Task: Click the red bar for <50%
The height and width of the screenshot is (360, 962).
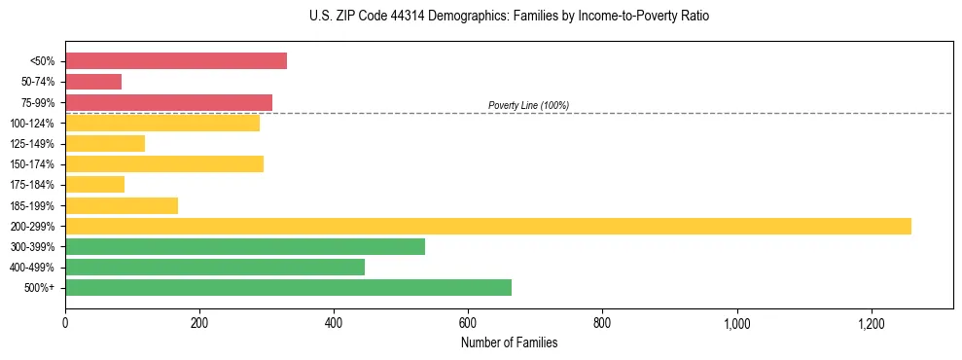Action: click(176, 61)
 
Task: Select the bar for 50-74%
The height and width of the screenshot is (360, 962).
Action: click(93, 82)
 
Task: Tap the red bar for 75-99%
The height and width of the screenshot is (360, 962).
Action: click(168, 102)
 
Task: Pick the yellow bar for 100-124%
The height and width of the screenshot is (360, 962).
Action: click(162, 123)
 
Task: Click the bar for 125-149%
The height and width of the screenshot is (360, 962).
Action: click(105, 144)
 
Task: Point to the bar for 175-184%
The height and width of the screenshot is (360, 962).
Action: click(94, 185)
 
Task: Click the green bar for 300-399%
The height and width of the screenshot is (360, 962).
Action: click(245, 246)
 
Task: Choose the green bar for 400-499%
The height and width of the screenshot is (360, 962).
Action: click(215, 267)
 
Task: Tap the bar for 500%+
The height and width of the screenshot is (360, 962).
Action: click(288, 287)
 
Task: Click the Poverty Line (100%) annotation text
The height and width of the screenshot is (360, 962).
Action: click(528, 105)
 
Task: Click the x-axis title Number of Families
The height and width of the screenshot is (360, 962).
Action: click(509, 342)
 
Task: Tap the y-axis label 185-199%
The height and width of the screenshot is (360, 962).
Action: click(33, 205)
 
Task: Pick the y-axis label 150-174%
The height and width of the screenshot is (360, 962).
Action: click(33, 164)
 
